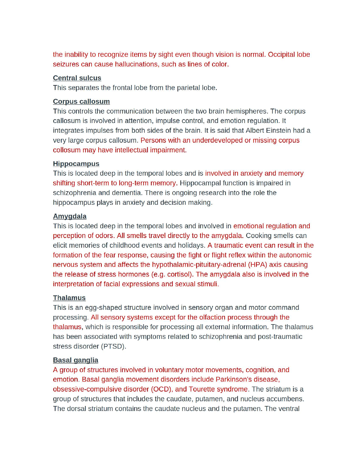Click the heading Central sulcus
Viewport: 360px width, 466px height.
click(77, 78)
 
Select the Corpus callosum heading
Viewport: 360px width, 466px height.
click(81, 101)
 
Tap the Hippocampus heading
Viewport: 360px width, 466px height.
click(76, 164)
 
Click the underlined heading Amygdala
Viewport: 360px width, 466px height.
click(70, 216)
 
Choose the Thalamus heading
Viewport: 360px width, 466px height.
click(69, 298)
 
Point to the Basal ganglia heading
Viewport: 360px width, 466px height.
click(76, 360)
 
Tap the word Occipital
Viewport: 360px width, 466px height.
click(281, 54)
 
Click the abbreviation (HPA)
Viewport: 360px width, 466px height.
click(258, 264)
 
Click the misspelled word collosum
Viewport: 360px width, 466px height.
click(67, 150)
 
